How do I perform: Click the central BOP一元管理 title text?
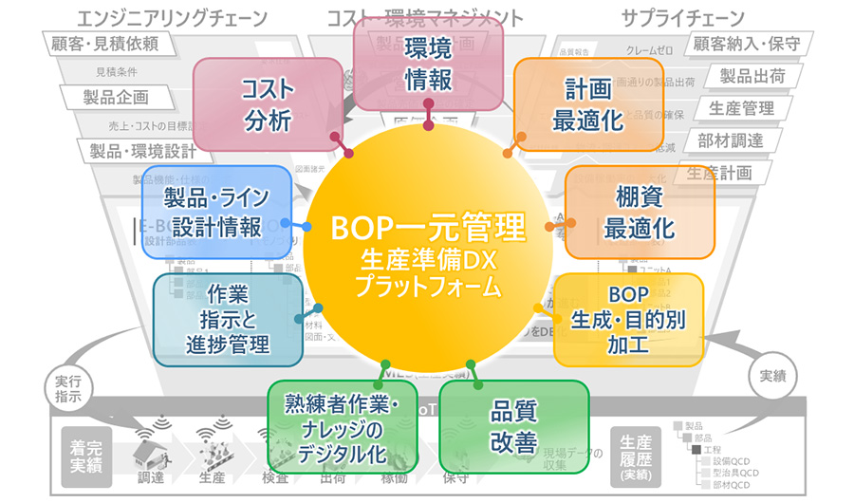coord(427,228)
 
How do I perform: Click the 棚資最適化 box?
coord(639,214)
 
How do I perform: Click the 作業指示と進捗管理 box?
coord(228,318)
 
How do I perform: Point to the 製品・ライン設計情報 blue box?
coord(216,212)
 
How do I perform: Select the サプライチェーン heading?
coord(683,18)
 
